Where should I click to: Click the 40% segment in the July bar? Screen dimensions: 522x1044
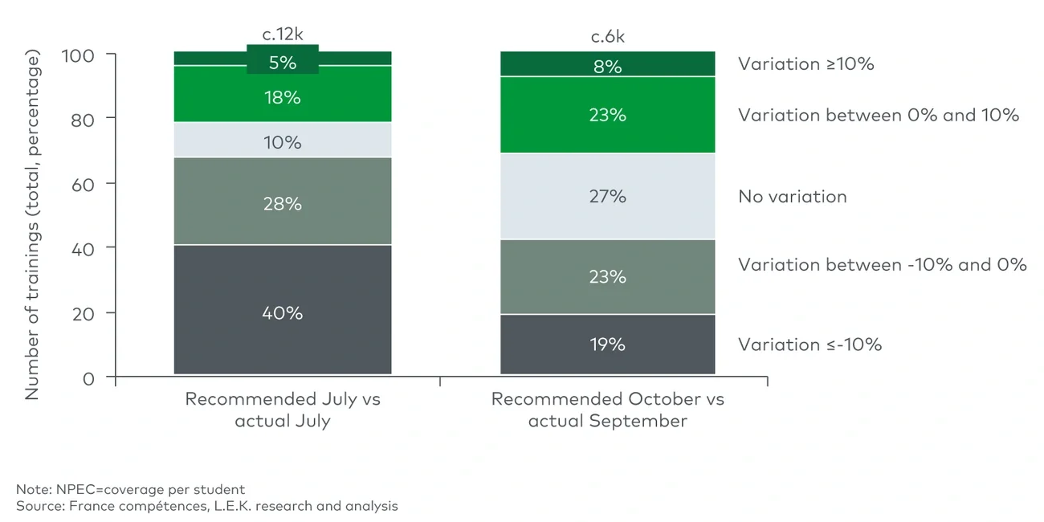click(282, 312)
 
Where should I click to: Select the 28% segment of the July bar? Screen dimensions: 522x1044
click(282, 203)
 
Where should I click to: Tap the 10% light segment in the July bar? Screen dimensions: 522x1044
click(282, 142)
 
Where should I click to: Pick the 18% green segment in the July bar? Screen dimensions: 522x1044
click(282, 98)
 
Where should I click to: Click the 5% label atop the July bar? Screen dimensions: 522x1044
click(282, 62)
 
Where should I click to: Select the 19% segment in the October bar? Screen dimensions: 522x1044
click(607, 344)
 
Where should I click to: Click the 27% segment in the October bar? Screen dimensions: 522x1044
click(607, 196)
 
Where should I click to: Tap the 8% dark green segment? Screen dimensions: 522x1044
click(607, 66)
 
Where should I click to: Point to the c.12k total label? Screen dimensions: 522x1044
click(282, 35)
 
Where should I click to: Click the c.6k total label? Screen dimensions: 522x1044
click(607, 36)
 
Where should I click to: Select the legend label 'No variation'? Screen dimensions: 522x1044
click(792, 197)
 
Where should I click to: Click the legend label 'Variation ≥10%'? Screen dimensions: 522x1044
click(805, 64)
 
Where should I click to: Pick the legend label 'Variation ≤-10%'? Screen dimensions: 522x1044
click(810, 345)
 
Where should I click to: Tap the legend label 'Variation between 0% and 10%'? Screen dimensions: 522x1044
click(879, 116)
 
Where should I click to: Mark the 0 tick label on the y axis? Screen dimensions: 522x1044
click(89, 377)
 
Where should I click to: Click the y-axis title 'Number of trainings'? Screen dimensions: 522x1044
click(32, 225)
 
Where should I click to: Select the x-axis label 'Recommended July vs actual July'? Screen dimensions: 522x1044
click(282, 410)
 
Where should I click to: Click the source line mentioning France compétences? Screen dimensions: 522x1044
click(206, 506)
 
